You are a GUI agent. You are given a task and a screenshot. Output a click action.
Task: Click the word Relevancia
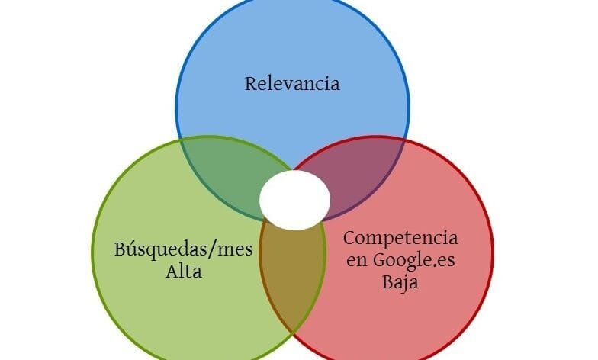[292, 84]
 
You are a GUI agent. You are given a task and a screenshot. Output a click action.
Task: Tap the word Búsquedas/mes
[183, 250]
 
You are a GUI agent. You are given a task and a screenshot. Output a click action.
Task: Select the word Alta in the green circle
[184, 272]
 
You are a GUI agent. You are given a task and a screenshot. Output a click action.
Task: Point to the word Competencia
[400, 239]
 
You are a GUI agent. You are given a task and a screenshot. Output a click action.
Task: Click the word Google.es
[413, 261]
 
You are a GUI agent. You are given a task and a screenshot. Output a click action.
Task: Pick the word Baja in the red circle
[400, 282]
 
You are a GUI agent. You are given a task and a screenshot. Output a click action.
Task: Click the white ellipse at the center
[294, 200]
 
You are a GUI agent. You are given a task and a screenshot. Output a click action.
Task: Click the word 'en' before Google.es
[357, 262]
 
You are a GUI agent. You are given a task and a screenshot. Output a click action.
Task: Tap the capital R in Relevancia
[251, 84]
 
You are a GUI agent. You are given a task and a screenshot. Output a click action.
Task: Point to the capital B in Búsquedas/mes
[121, 250]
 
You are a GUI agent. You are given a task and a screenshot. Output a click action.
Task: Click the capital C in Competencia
[349, 239]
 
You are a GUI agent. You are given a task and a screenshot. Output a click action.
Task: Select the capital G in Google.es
[380, 261]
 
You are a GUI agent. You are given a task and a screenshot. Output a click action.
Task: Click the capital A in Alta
[172, 272]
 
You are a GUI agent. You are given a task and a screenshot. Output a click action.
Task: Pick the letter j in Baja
[406, 284]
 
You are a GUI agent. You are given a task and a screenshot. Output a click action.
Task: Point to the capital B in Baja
[388, 282]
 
